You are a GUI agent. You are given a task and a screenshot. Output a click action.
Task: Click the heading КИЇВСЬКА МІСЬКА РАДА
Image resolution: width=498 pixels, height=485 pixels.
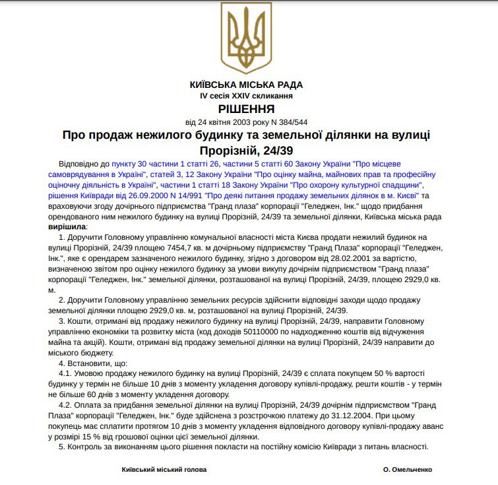pos(246,85)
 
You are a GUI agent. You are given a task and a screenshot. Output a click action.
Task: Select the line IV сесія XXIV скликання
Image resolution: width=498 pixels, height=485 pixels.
pos(246,96)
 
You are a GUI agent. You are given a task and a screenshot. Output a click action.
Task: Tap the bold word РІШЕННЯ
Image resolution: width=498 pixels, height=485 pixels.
pos(246,109)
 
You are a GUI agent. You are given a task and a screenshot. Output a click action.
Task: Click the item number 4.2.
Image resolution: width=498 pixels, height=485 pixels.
pos(67,405)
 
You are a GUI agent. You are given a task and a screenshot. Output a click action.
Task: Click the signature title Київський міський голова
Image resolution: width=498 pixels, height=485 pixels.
pos(164,469)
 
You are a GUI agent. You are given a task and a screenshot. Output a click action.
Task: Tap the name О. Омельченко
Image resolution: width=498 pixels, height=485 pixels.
pos(407,469)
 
